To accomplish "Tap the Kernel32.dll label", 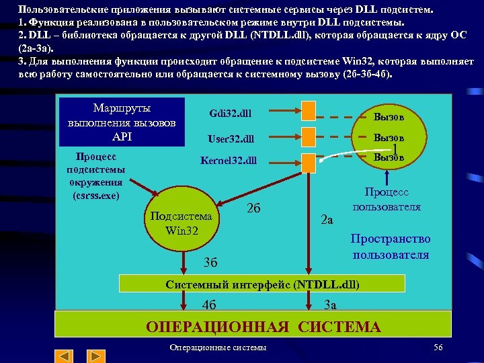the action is [x=229, y=161].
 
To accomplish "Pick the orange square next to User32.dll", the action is [x=308, y=136].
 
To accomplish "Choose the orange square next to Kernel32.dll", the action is [x=308, y=161].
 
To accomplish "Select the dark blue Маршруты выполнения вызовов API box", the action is [x=122, y=122].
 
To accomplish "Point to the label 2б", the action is [x=253, y=208].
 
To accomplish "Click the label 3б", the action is [x=210, y=260].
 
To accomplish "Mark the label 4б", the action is [x=209, y=304].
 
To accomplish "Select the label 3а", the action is [x=330, y=304].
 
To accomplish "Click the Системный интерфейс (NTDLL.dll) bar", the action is [x=263, y=284].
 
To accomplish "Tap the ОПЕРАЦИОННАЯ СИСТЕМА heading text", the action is [x=263, y=327].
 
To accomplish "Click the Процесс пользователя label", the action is [x=387, y=199].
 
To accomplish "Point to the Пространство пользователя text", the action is [x=391, y=247].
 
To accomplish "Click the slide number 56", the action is [x=439, y=347].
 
